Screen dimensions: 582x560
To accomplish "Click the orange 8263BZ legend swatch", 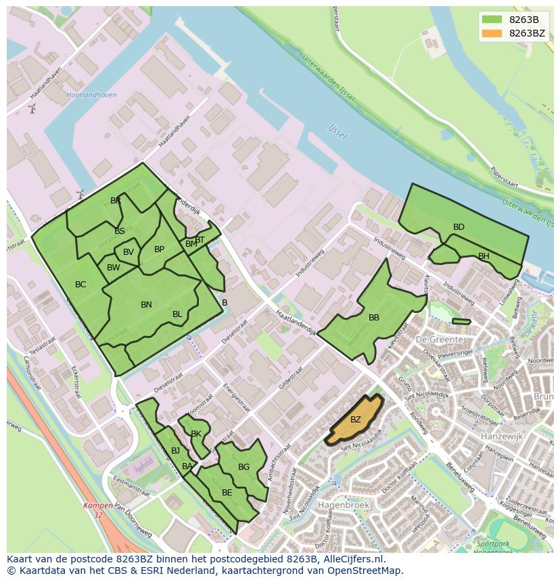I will tap(492, 33).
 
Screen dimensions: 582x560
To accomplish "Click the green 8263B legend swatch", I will tap(492, 20).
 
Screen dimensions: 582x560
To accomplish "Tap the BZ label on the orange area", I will tap(356, 420).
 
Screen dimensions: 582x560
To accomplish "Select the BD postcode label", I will tap(459, 227).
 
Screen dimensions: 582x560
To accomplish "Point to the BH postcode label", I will tap(484, 256).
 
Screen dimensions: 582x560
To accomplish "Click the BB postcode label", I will tap(374, 318).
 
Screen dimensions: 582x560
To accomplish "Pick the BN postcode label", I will tap(146, 305).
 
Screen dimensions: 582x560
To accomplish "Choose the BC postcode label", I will tap(80, 285).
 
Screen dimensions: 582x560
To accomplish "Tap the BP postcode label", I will tap(159, 249).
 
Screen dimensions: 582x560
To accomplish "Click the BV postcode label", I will tap(129, 252).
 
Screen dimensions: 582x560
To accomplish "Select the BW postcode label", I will tap(114, 268).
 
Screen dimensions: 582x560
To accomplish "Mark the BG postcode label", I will tap(244, 467).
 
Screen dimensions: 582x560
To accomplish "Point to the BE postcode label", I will tap(227, 493).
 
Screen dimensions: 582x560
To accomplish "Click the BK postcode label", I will tap(196, 434).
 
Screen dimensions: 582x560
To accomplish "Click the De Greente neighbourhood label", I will tap(440, 339).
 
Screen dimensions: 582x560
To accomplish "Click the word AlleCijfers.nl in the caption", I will tap(351, 559).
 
